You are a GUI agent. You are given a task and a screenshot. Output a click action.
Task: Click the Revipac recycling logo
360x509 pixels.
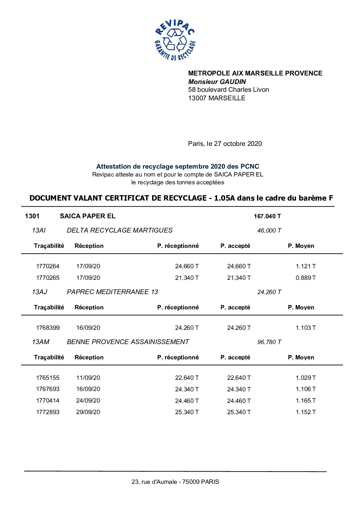[175, 40]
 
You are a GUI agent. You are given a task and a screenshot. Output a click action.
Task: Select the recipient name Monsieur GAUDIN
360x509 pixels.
[217, 82]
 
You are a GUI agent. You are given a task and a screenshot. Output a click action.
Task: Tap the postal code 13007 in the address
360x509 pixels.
[197, 98]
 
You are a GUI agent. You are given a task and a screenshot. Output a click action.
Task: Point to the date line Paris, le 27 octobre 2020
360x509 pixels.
[225, 143]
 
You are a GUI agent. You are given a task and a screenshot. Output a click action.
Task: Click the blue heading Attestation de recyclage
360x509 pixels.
[177, 167]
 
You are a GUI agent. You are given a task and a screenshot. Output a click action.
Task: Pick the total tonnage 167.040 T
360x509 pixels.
[267, 216]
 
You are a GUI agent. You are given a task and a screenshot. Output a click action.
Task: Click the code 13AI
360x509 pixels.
[39, 231]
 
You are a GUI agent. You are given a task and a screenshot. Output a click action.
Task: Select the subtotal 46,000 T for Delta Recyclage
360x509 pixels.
[269, 231]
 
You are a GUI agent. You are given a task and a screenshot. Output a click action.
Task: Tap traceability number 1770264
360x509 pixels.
[48, 266]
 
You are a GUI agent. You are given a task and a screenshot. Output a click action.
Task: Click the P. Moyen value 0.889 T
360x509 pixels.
[305, 278]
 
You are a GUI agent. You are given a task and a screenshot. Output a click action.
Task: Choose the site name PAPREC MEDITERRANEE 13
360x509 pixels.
[112, 292]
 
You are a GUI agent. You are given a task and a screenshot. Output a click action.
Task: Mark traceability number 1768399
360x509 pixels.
[48, 328]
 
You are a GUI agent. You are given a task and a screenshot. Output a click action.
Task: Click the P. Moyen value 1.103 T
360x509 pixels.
[305, 328]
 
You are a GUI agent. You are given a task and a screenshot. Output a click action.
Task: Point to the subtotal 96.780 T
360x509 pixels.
[269, 342]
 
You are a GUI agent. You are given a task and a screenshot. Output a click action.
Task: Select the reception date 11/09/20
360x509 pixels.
[88, 378]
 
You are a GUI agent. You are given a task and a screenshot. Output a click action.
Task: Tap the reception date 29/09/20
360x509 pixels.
[88, 412]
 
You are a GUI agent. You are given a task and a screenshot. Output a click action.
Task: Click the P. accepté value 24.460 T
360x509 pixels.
[239, 401]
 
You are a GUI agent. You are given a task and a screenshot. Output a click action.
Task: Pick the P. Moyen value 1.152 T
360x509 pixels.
[305, 412]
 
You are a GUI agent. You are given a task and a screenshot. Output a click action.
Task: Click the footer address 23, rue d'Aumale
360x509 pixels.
[175, 482]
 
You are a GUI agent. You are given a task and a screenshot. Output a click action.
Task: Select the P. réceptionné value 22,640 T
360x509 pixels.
[187, 378]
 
